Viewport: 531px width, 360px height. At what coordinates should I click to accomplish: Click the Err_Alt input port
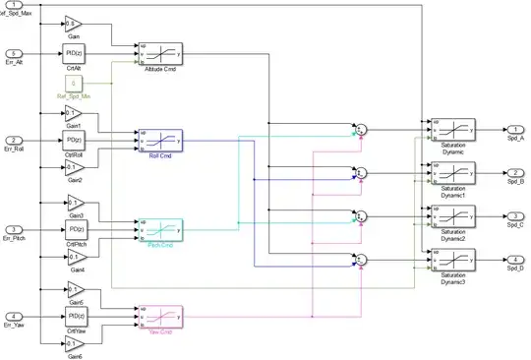tap(15, 53)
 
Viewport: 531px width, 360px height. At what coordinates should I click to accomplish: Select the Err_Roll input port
tap(15, 140)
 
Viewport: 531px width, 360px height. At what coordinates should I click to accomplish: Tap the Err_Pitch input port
tap(15, 229)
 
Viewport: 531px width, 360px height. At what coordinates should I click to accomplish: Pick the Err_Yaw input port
tap(15, 315)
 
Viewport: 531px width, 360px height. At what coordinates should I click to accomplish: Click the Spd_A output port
tap(515, 129)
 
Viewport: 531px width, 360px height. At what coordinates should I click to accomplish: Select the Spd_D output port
tap(515, 260)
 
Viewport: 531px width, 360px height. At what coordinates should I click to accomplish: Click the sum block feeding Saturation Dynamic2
tap(361, 216)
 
